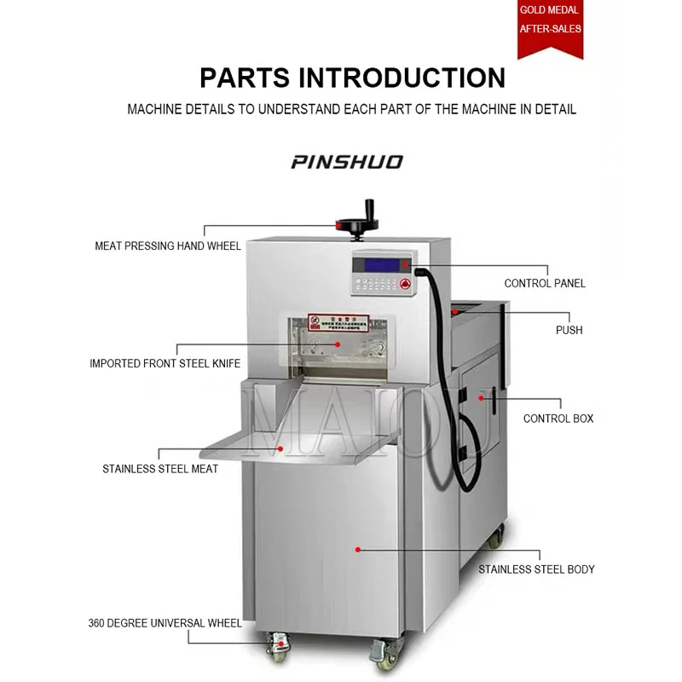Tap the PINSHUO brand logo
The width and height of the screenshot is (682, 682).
(x=346, y=162)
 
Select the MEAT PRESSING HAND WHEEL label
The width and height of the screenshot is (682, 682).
(x=168, y=246)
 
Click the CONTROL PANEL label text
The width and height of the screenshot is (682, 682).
(x=545, y=283)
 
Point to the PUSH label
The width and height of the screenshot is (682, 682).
(x=569, y=330)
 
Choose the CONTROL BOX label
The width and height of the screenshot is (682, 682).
(x=558, y=419)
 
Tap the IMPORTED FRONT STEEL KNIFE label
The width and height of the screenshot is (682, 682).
(x=165, y=364)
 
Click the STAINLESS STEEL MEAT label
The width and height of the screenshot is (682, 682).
(x=160, y=469)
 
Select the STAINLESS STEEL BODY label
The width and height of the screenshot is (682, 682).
(x=536, y=569)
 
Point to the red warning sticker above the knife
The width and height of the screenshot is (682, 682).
(x=338, y=322)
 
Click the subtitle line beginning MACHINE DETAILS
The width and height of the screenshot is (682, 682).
(x=351, y=109)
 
